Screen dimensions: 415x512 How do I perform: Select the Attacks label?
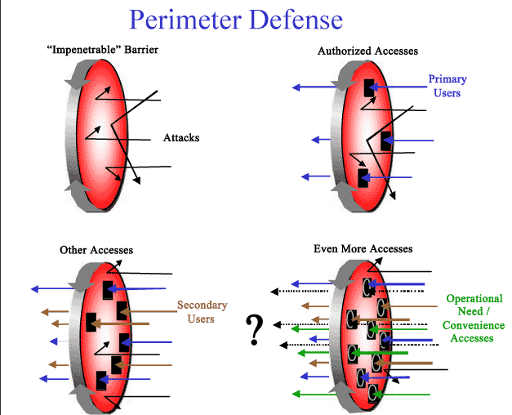tap(181, 137)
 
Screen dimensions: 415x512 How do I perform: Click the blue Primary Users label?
tap(447, 86)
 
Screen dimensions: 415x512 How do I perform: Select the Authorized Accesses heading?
tap(367, 51)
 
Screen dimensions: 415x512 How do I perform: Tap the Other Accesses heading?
tap(96, 249)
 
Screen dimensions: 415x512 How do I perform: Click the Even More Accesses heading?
tap(363, 248)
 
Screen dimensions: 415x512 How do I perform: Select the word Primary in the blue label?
tap(447, 79)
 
